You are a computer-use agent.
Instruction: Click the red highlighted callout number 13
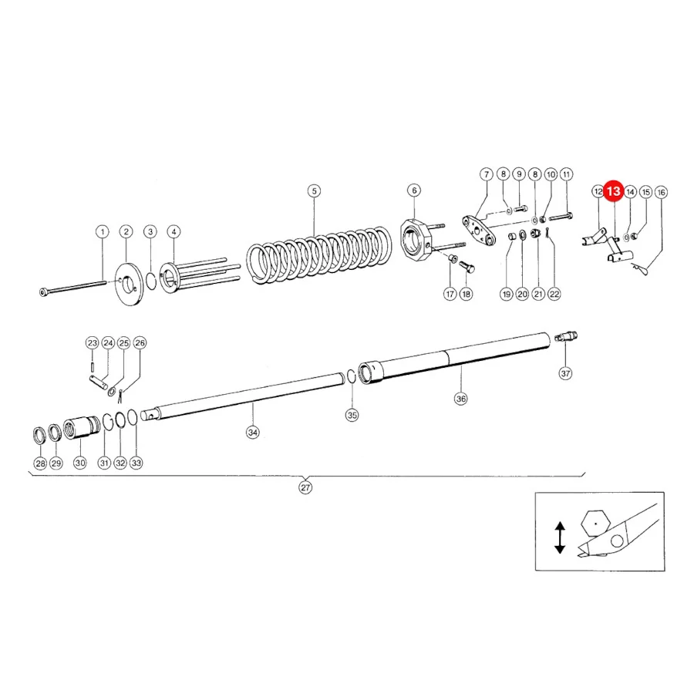614,191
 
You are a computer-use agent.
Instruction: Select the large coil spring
319,255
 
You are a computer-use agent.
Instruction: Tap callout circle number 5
315,191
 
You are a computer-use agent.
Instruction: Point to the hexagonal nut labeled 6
416,240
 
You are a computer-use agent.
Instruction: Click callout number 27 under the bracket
305,487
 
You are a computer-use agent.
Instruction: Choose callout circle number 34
253,432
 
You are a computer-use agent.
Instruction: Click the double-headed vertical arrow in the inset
560,537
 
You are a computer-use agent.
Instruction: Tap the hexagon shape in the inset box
596,524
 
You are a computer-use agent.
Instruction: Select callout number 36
461,399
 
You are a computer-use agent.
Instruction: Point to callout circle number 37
566,373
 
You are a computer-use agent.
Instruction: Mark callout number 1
103,231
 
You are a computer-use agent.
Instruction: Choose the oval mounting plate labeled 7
479,230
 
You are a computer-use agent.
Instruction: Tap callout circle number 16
662,193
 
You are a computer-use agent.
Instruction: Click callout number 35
352,415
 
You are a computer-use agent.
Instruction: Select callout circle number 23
92,343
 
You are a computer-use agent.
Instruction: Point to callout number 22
554,294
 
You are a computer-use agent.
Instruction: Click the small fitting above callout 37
566,337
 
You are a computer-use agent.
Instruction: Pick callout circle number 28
40,463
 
